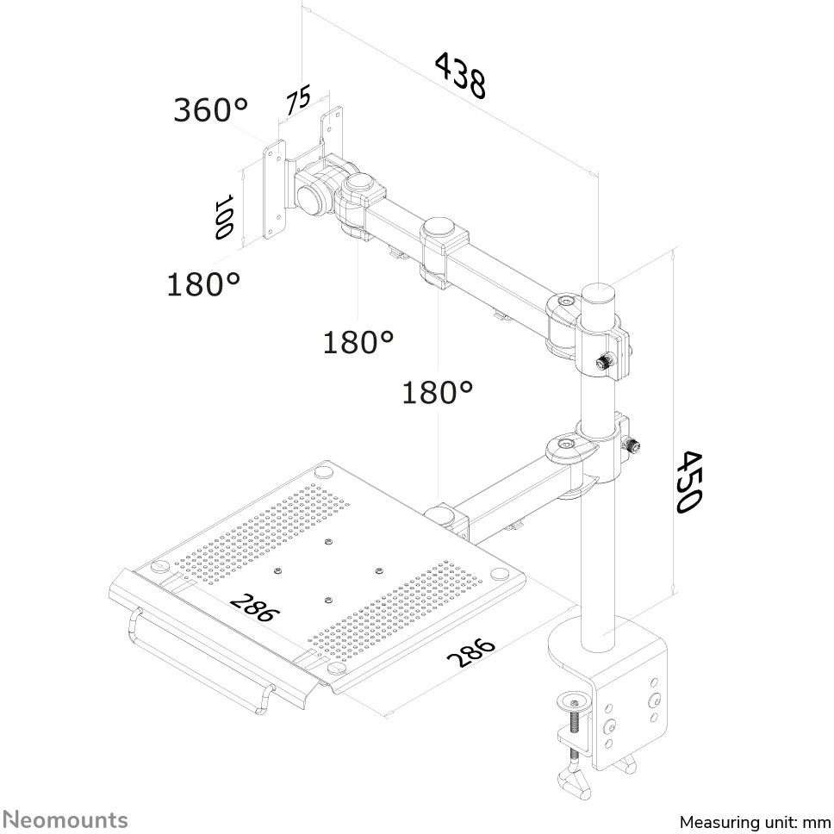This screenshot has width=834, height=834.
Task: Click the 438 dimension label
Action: point(460,75)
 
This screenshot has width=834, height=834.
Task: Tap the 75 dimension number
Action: point(298,102)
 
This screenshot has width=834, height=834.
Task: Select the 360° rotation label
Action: point(210,109)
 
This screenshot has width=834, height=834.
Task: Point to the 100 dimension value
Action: point(225,216)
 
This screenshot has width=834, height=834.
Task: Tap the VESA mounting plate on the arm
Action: point(274,193)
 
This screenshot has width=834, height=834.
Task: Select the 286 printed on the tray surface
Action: point(255,607)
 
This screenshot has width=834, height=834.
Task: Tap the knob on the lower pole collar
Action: point(633,446)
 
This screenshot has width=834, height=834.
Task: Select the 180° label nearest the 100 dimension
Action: point(203,283)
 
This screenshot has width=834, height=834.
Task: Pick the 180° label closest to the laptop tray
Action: point(438,393)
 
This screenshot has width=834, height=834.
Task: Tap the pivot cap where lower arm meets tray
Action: point(445,514)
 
